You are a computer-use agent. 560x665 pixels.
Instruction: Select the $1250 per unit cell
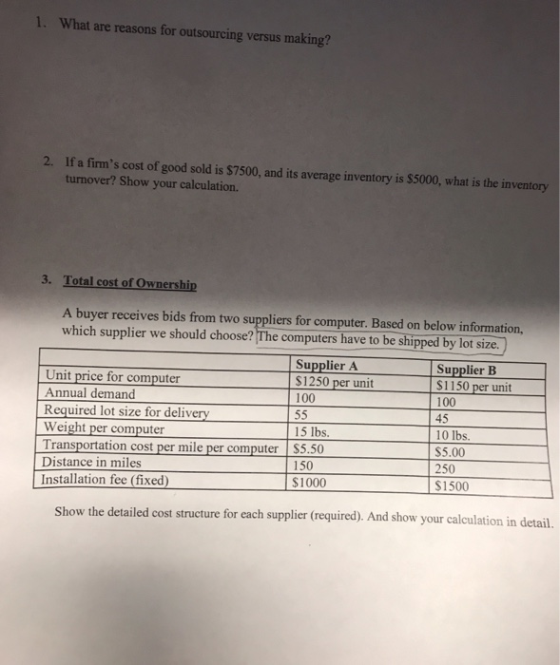click(x=335, y=383)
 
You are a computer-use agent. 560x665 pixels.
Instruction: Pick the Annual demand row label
click(x=90, y=393)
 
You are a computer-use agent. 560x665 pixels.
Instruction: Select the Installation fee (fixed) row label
click(x=106, y=479)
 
